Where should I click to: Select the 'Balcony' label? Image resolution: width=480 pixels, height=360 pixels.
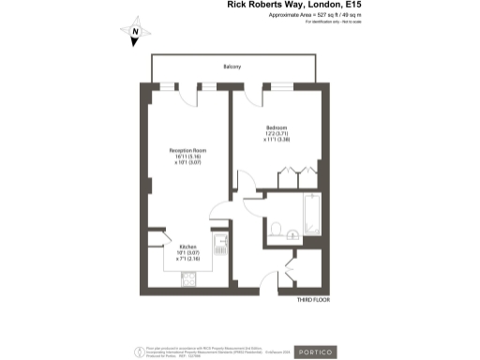[x=232, y=67]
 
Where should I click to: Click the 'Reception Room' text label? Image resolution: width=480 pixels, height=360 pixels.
[x=187, y=151]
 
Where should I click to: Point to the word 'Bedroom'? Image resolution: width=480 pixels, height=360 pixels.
[x=276, y=127]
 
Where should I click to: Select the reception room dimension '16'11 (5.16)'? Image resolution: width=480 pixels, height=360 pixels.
[x=187, y=157]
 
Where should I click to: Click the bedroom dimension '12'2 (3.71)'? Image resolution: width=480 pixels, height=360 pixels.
[x=276, y=134]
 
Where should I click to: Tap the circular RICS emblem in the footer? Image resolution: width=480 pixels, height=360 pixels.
[x=142, y=350]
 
